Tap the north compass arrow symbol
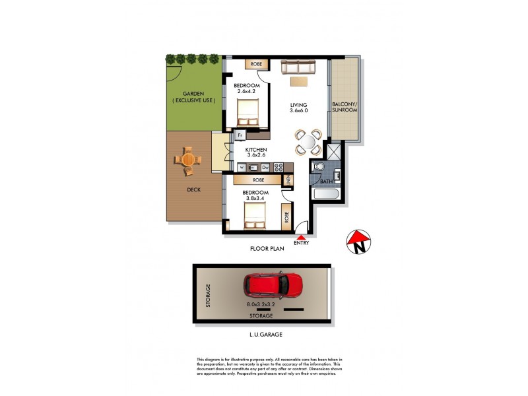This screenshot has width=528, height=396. (358, 242)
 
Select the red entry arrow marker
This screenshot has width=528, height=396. (302, 237)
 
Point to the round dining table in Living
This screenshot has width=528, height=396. (308, 141)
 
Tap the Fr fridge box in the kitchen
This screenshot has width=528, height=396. (240, 136)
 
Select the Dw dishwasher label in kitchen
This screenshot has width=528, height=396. (265, 168)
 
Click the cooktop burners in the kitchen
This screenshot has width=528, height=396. (279, 168)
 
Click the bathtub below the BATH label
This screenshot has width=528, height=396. (327, 195)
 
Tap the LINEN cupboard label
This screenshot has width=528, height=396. (288, 179)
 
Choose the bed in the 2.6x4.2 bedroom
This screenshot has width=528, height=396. (249, 112)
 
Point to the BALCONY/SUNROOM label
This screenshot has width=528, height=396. (344, 106)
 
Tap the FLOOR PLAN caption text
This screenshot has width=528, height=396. (267, 249)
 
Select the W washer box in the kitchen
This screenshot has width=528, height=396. (242, 168)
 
